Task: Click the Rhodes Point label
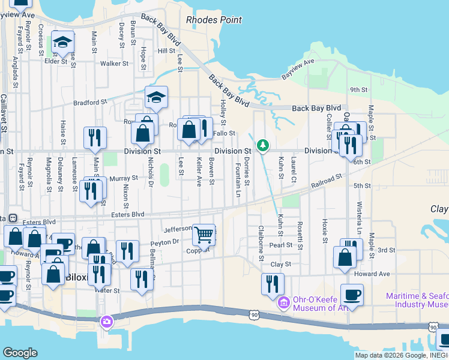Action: click(214, 20)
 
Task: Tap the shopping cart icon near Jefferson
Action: click(205, 235)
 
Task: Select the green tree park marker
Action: click(262, 145)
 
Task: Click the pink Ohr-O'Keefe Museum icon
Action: click(283, 304)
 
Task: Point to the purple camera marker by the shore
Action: click(106, 322)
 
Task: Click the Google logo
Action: click(20, 353)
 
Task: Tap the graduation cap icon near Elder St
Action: click(61, 42)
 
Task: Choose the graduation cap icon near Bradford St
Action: click(156, 97)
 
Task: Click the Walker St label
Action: click(114, 63)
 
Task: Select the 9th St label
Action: click(358, 89)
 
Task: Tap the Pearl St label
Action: click(280, 245)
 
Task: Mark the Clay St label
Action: click(280, 264)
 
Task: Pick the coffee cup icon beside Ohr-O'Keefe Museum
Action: click(352, 295)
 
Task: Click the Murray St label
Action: click(124, 178)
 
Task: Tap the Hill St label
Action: click(166, 51)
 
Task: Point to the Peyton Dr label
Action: click(164, 242)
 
